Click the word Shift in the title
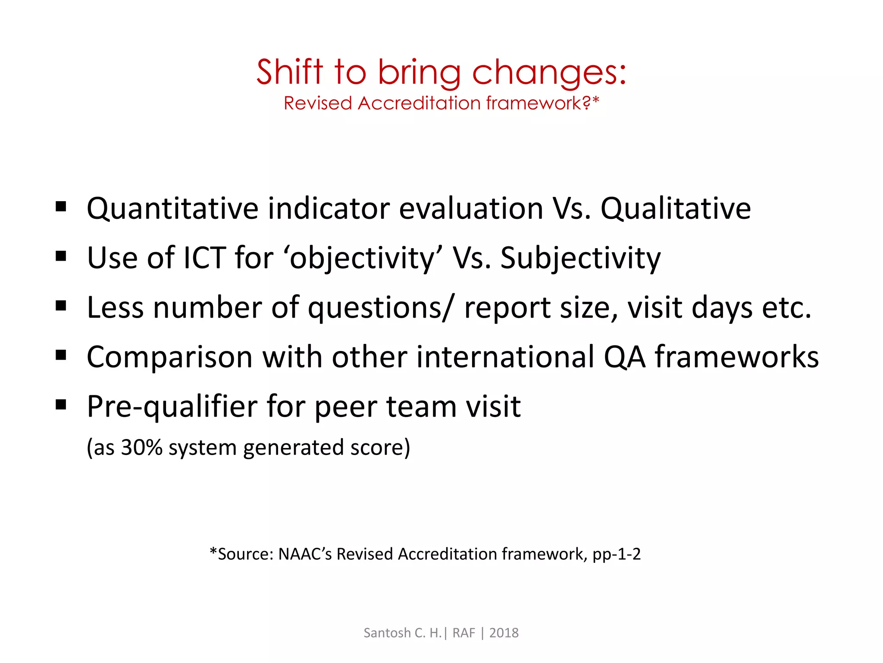(x=289, y=72)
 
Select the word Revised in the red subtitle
(x=318, y=104)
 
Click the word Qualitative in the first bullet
(x=676, y=208)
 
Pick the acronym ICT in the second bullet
(x=205, y=258)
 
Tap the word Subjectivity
(x=580, y=258)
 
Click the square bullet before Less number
(x=61, y=306)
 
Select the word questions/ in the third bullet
(x=381, y=308)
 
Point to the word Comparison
(x=169, y=357)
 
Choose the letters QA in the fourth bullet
(x=625, y=357)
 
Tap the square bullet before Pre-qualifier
(x=61, y=405)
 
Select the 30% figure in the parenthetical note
(x=141, y=448)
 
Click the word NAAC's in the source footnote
(x=305, y=554)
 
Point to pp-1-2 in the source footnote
(x=617, y=554)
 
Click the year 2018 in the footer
(x=504, y=633)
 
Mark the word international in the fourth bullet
(x=505, y=357)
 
